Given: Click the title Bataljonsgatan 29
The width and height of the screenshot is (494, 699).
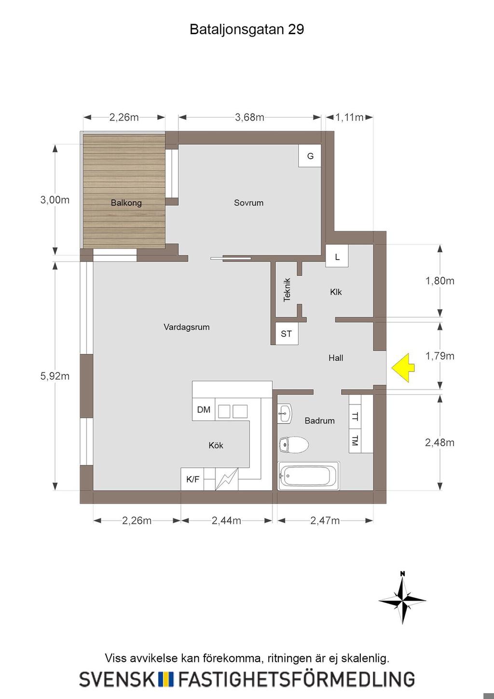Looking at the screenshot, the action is [247, 29].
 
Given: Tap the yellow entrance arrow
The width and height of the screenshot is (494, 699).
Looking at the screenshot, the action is [403, 368].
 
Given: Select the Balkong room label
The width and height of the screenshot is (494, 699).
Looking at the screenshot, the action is [126, 203].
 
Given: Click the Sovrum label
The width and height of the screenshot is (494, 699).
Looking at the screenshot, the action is [249, 203].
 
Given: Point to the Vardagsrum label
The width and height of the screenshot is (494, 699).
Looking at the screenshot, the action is [187, 327].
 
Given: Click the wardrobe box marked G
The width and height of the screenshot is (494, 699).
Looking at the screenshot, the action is [310, 156].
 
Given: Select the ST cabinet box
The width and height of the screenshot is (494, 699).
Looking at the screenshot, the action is [287, 334].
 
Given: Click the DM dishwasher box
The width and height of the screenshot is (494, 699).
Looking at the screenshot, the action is [204, 410].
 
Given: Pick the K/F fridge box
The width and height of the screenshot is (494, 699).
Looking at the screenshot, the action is [192, 479].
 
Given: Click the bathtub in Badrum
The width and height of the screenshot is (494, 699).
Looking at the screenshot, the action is [308, 476].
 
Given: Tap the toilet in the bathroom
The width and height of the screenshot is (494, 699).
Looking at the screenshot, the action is [294, 444].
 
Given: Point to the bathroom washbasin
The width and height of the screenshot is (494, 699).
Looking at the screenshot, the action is [285, 413].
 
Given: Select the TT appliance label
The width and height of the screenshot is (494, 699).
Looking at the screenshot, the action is [355, 416].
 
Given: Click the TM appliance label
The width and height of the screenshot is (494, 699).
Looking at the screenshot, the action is [355, 441].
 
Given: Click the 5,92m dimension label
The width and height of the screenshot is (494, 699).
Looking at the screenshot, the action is [55, 376].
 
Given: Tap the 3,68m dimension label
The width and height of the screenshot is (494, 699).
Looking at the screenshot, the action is [249, 117].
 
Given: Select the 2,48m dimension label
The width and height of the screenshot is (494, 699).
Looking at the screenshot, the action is [439, 442].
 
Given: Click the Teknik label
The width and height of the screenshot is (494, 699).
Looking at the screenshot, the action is [287, 290].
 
